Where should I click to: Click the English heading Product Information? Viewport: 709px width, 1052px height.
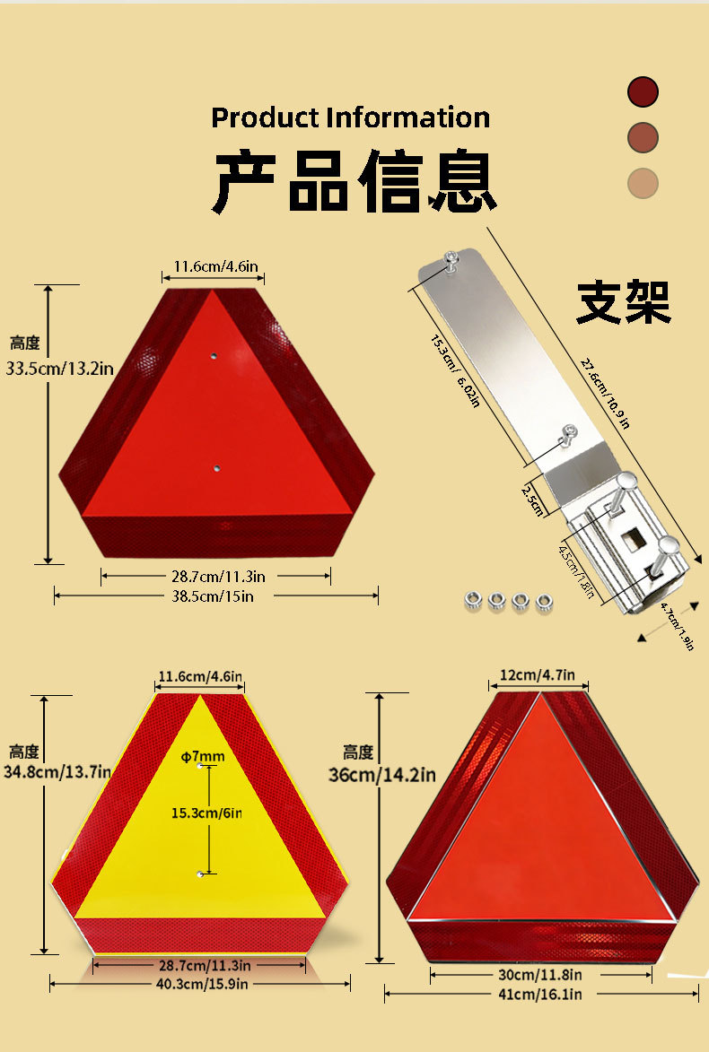351,117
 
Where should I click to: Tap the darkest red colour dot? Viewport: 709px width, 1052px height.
643,91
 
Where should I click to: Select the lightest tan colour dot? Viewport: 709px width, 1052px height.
643,183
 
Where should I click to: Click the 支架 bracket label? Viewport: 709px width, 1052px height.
624,302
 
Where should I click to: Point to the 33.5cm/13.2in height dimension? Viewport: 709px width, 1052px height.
60,369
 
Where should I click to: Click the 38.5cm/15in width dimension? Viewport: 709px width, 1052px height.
213,596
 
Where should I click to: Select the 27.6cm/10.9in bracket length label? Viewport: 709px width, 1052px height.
605,393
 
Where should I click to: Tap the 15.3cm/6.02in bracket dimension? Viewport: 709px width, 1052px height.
455,371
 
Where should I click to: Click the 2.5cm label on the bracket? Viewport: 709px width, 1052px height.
531,500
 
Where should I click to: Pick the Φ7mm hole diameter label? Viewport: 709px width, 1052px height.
203,757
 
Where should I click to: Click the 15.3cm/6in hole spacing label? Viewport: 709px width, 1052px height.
206,813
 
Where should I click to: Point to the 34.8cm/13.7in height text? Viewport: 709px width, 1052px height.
57,771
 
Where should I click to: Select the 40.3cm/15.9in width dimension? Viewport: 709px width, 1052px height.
202,984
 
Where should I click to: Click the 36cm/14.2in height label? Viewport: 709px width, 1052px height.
382,775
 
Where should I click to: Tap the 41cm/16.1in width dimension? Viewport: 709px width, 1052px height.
539,995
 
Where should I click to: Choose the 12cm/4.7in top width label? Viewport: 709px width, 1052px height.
537,675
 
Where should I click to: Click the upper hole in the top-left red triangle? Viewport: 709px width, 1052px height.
214,355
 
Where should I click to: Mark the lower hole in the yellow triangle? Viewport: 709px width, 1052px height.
200,874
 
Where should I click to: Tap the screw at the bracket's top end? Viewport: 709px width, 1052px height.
451,260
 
